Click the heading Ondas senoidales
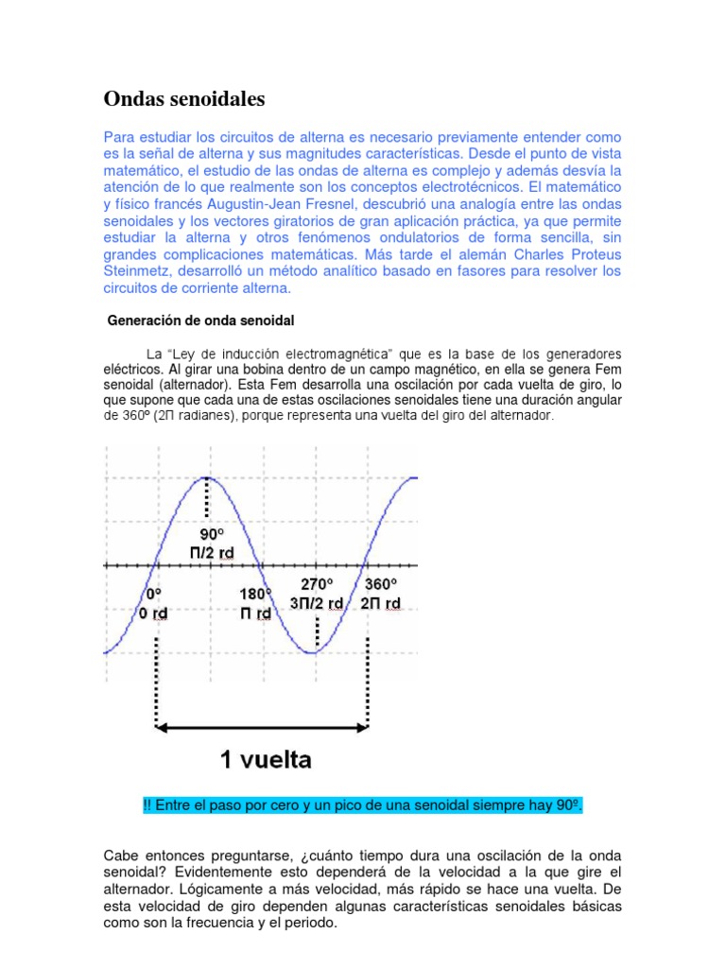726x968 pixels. click(x=183, y=98)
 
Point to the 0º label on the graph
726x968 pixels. click(x=155, y=594)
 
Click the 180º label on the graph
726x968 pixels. click(x=254, y=594)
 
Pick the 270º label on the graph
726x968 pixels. click(x=318, y=583)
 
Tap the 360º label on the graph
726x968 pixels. click(x=380, y=583)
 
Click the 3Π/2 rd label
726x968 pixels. click(x=317, y=603)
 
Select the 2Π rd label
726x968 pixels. click(x=380, y=603)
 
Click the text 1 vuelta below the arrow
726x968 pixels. click(x=266, y=759)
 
